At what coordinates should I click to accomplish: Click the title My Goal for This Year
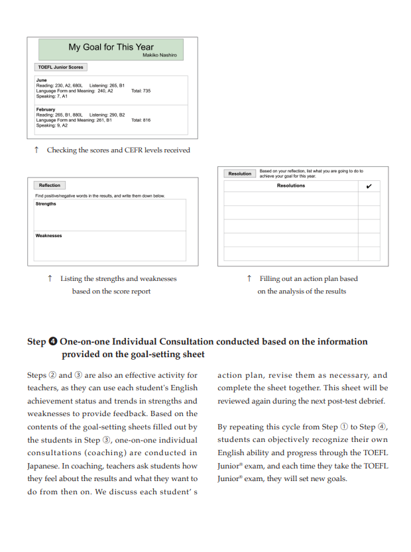pyautogui.click(x=111, y=47)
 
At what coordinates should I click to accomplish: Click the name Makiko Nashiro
pyautogui.click(x=160, y=55)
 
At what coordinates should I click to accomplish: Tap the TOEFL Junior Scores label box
pyautogui.click(x=60, y=67)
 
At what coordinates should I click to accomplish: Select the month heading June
pyautogui.click(x=41, y=80)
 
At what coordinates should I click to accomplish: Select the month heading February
pyautogui.click(x=46, y=109)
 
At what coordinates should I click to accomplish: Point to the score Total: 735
pyautogui.click(x=141, y=91)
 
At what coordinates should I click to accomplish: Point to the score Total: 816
pyautogui.click(x=141, y=120)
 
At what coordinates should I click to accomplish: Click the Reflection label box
pyautogui.click(x=50, y=186)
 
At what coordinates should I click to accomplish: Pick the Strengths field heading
pyautogui.click(x=46, y=204)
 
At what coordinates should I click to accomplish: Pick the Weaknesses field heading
pyautogui.click(x=48, y=235)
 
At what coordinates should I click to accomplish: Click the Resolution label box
pyautogui.click(x=239, y=174)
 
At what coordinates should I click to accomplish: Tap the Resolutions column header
pyautogui.click(x=291, y=186)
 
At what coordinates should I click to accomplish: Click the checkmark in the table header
pyautogui.click(x=369, y=186)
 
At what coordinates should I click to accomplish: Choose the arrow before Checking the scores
pyautogui.click(x=36, y=150)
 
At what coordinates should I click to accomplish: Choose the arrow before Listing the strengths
pyautogui.click(x=50, y=279)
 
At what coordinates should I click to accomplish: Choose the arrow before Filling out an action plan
pyautogui.click(x=249, y=279)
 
